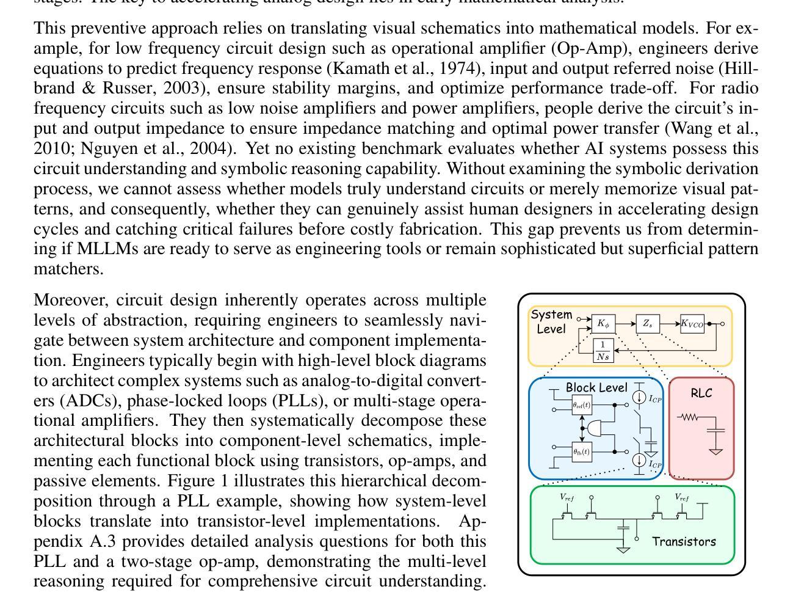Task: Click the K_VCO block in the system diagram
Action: [692, 324]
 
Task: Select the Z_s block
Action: [648, 324]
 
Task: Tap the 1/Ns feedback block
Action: [603, 350]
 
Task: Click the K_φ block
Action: [603, 324]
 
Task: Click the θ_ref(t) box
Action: [582, 405]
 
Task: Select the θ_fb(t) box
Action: [582, 452]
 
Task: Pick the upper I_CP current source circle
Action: [639, 398]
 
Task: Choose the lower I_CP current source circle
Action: [639, 460]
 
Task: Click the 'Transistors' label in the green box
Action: [684, 541]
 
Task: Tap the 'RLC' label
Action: [701, 393]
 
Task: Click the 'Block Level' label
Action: [596, 387]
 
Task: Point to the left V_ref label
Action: [567, 497]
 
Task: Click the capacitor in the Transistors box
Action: [623, 526]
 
